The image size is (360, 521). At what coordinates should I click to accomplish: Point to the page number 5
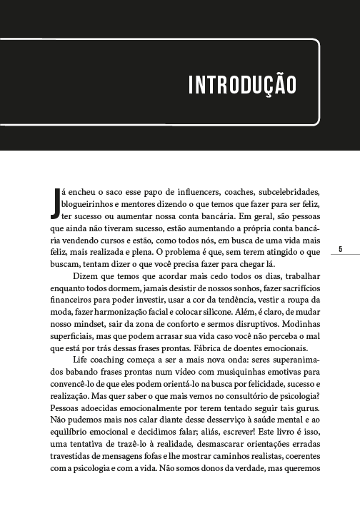(x=341, y=249)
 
